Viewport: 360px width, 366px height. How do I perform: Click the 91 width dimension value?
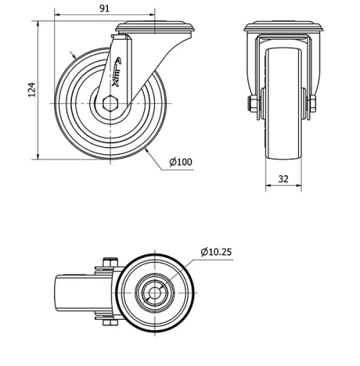pos(104,8)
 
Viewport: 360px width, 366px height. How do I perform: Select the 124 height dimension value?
pos(31,90)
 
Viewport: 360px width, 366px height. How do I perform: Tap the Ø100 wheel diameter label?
pos(181,163)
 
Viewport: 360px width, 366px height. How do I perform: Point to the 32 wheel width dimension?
pos(284,179)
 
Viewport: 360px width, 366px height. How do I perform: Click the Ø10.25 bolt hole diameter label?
pos(216,251)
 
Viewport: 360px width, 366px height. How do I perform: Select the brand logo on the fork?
pos(117,71)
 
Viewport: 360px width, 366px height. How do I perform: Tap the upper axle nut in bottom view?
pos(110,264)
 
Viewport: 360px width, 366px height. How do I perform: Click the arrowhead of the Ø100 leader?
pos(146,152)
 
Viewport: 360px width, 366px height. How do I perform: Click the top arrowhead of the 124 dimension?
pos(37,24)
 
